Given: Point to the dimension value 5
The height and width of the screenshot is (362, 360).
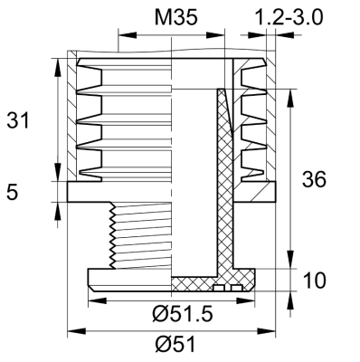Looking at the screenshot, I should click(x=13, y=191).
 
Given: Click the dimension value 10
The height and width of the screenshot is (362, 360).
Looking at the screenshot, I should click(x=315, y=281).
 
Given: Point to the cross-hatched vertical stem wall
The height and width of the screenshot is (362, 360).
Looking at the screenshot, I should click(x=222, y=181).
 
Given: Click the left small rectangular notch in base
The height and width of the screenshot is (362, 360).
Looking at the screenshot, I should click(x=218, y=289).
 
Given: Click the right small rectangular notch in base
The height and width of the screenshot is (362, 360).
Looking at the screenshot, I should click(x=234, y=289).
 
